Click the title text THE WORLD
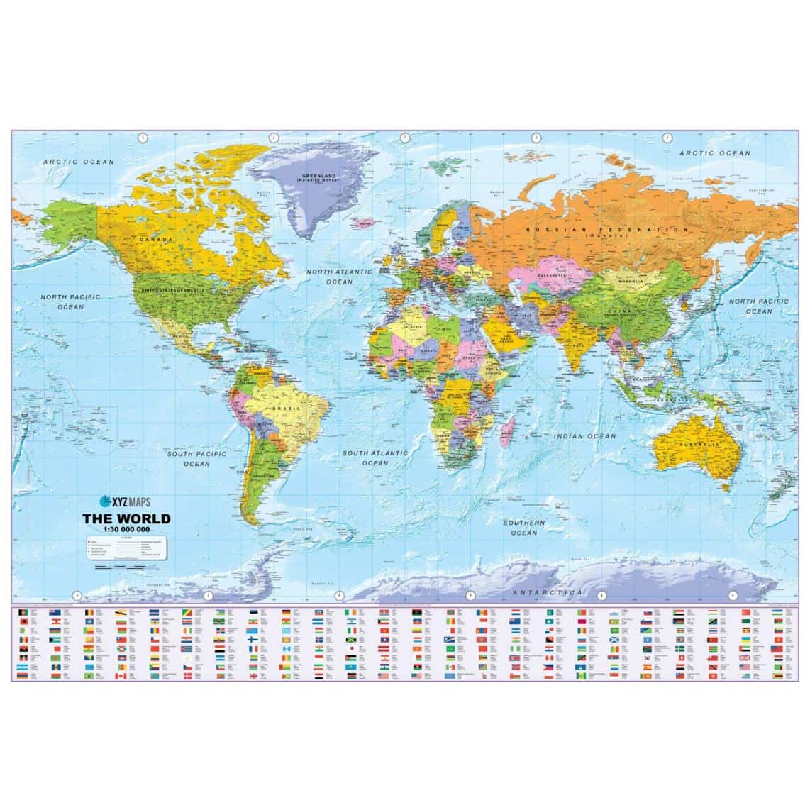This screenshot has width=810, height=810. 128,518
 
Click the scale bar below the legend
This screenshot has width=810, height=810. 116,567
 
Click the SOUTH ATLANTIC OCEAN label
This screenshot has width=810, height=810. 375,457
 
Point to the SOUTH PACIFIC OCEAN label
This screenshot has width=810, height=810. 196,458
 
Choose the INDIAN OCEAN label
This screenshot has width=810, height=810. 585,436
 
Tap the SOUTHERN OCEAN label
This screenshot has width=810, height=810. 524,527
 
